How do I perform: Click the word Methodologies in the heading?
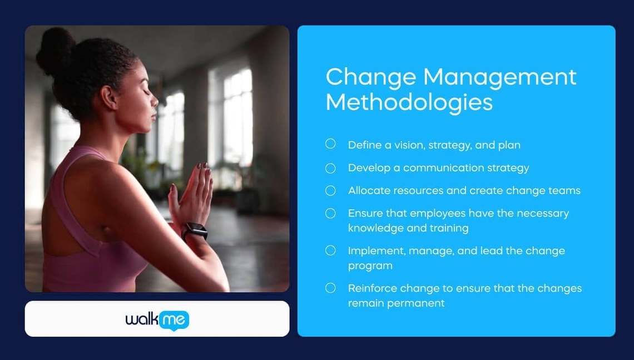point(409,102)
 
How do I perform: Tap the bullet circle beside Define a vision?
point(330,144)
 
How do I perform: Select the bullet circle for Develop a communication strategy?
point(330,167)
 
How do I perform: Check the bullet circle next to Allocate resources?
point(330,190)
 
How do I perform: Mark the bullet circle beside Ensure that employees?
point(330,213)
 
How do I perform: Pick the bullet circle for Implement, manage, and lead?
point(330,250)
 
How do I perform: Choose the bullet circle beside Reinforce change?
point(330,288)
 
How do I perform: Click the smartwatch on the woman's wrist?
point(195,230)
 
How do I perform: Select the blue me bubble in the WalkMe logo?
point(174,320)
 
